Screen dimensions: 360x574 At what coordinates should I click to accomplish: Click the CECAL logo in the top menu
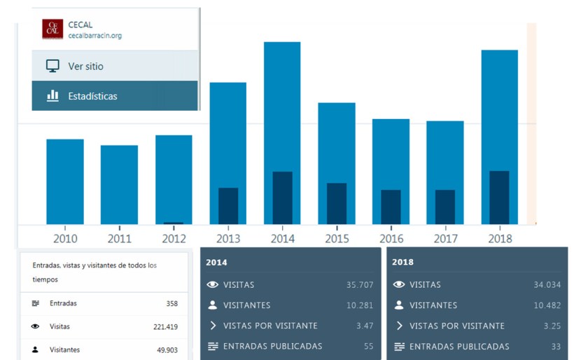(52, 29)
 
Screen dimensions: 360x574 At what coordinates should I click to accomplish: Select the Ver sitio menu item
(85, 66)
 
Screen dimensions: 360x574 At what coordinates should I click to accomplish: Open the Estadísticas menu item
(92, 96)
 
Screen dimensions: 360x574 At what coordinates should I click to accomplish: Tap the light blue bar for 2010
(65, 181)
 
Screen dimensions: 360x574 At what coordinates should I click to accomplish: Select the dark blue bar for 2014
(282, 198)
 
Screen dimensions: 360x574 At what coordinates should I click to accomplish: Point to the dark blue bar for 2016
(391, 207)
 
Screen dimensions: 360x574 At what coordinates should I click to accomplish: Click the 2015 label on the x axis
(337, 238)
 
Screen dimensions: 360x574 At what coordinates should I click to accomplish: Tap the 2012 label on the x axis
(174, 238)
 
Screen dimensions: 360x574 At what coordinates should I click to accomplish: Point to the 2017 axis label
(445, 238)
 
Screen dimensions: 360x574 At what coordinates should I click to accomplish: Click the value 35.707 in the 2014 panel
(360, 285)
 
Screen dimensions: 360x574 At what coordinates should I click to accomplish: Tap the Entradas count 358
(171, 303)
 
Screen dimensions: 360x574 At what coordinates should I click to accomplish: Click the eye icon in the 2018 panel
(399, 285)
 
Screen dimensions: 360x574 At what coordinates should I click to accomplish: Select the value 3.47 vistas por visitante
(365, 326)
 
